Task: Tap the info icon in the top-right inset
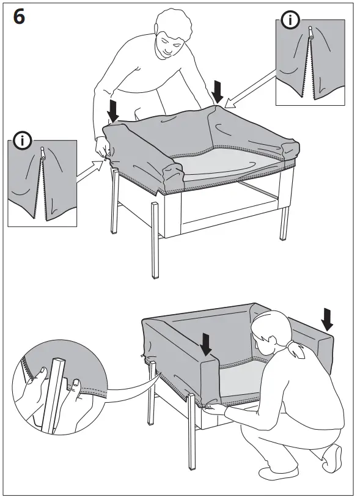pos(290,21)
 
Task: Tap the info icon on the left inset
pos(23,141)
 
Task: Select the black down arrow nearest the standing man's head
pos(217,91)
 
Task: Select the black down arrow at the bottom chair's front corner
pos(206,344)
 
